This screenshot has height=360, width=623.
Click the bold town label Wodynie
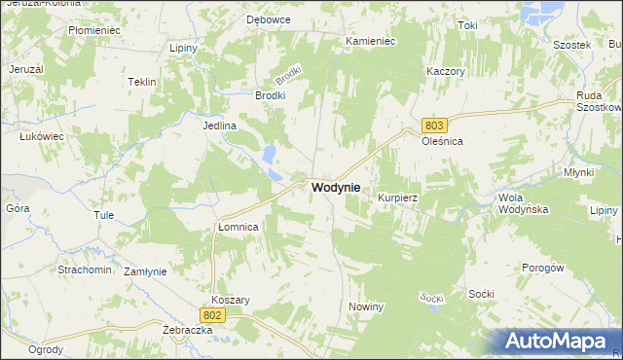tap(336, 187)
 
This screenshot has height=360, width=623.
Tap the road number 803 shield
tap(434, 126)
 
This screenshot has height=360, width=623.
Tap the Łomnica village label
tap(237, 227)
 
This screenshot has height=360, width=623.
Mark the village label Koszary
tap(231, 301)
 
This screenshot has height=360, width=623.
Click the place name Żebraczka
tap(188, 331)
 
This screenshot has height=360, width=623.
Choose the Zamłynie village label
tap(146, 271)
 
